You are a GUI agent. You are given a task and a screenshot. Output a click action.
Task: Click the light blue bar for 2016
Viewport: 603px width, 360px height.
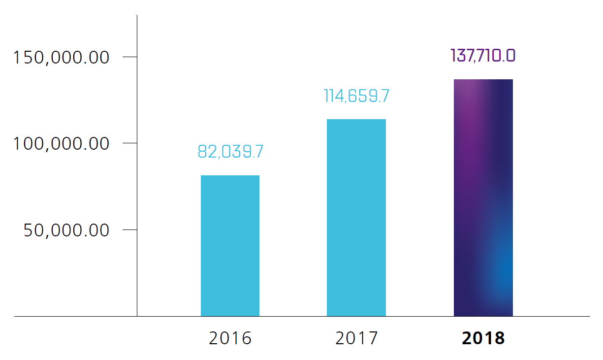point(230,246)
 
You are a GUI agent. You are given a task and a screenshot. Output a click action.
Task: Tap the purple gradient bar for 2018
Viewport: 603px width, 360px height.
point(483,197)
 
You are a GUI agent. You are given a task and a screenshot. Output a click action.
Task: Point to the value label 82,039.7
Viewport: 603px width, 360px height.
point(230,152)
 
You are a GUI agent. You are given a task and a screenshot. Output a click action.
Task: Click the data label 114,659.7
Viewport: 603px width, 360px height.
point(356,96)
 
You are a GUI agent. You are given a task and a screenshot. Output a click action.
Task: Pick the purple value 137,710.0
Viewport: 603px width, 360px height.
point(483,56)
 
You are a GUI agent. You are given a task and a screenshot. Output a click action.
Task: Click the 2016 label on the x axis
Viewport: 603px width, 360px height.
point(230,339)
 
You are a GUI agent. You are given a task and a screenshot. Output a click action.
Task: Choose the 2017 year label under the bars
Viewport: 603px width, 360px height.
point(356,339)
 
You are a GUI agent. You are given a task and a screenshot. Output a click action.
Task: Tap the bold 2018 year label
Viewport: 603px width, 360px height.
point(483,339)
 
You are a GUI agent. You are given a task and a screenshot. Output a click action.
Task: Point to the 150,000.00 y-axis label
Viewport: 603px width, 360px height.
point(61,58)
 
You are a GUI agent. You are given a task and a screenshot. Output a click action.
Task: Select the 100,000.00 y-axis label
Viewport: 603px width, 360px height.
point(61,144)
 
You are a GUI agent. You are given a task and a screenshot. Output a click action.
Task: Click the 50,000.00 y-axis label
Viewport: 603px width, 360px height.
point(66,230)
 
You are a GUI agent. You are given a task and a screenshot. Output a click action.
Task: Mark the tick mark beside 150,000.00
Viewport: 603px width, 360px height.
point(129,57)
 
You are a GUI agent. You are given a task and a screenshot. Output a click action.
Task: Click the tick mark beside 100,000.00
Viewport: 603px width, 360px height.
point(129,143)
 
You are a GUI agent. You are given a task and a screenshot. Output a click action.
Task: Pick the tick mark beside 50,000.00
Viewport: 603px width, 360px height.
point(129,229)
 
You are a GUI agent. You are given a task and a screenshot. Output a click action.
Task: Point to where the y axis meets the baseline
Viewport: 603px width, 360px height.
point(137,316)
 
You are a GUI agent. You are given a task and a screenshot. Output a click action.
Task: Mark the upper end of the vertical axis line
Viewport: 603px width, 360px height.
point(137,16)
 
